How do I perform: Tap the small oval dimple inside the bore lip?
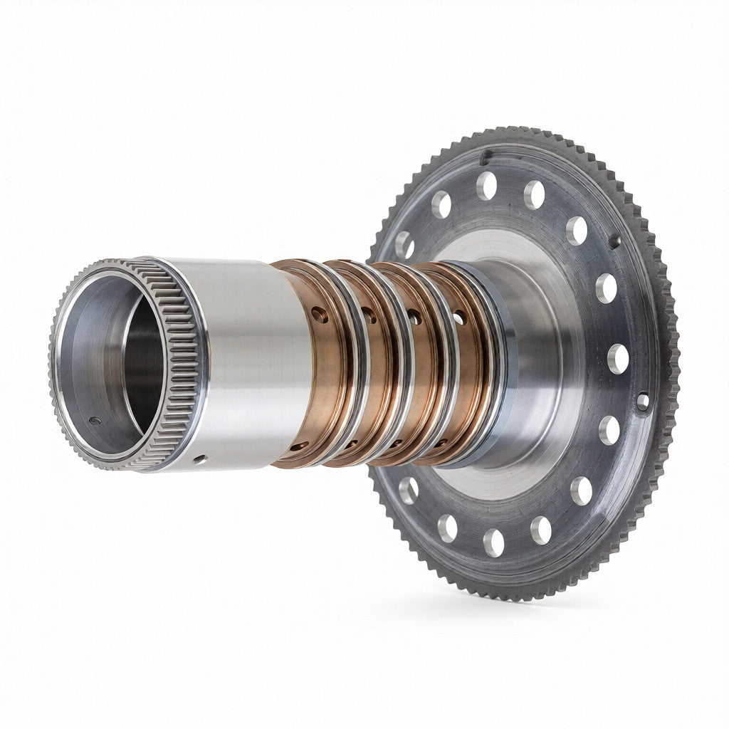(95, 421)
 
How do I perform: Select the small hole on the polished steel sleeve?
(201, 458)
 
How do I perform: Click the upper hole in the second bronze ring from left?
(369, 313)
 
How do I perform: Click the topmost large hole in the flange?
(487, 185)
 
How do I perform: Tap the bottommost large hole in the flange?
(494, 543)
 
